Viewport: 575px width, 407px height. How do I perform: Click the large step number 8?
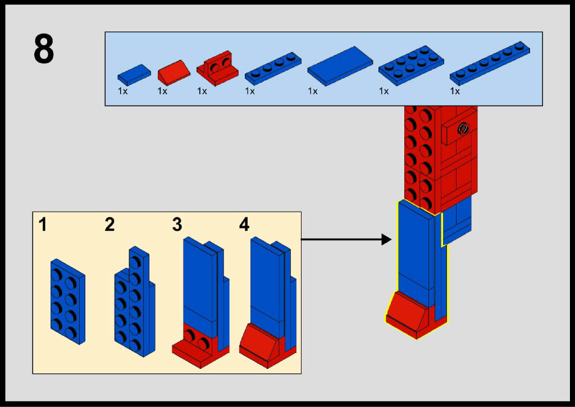44,50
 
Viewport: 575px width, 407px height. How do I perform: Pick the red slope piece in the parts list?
174,71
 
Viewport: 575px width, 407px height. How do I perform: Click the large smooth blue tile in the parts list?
340,66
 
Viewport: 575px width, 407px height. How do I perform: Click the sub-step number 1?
43,225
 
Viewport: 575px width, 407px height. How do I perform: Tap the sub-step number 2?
109,225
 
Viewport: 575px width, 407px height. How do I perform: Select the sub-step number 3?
177,225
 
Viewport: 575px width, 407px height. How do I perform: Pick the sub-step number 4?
244,225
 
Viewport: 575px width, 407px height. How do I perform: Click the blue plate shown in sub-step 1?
67,301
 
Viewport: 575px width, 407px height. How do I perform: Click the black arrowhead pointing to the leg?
386,240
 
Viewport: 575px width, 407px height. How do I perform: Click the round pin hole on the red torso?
463,129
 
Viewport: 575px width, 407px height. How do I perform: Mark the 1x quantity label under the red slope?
162,91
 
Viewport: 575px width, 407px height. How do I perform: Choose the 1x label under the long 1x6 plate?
455,91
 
